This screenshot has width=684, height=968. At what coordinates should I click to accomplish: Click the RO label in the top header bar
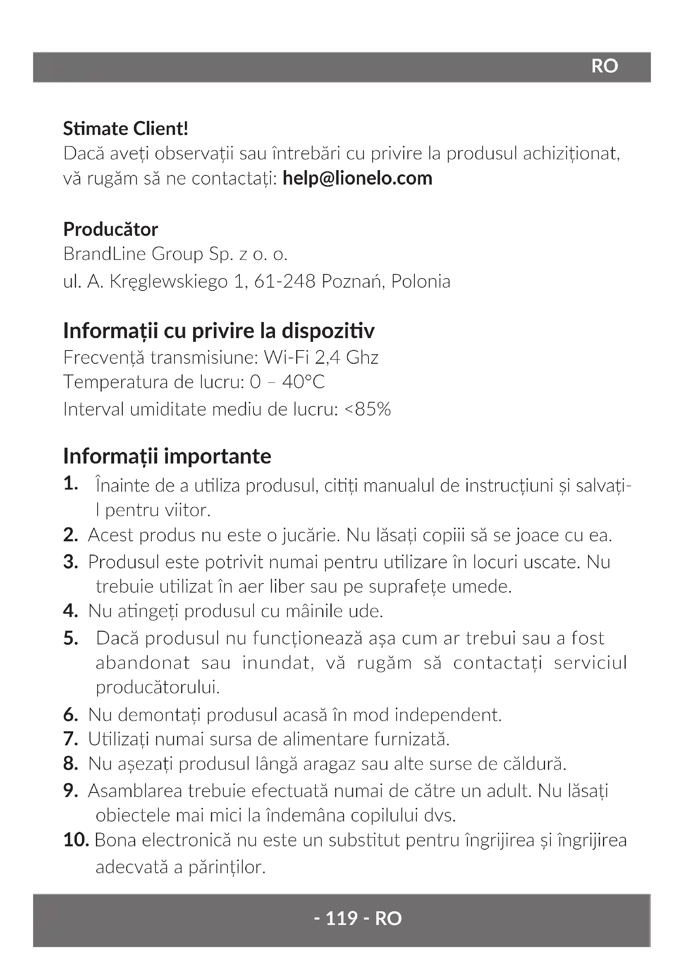[605, 66]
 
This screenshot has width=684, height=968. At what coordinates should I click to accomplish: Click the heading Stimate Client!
[126, 129]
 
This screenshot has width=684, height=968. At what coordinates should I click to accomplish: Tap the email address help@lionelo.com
[357, 178]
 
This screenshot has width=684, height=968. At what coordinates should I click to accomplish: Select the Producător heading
[110, 229]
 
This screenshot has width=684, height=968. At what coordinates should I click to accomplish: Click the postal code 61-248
[285, 281]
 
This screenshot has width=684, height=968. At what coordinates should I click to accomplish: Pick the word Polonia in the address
[420, 281]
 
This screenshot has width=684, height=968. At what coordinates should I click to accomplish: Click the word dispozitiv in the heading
[328, 331]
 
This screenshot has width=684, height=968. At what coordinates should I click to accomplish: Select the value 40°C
[303, 382]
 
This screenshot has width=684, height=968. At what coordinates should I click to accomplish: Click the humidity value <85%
[368, 409]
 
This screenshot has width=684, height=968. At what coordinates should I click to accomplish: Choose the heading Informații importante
[167, 456]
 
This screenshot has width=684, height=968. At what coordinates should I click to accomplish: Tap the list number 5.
[71, 639]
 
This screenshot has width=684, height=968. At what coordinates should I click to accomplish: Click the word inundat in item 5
[278, 663]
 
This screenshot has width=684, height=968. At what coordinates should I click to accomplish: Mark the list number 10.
[76, 840]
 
